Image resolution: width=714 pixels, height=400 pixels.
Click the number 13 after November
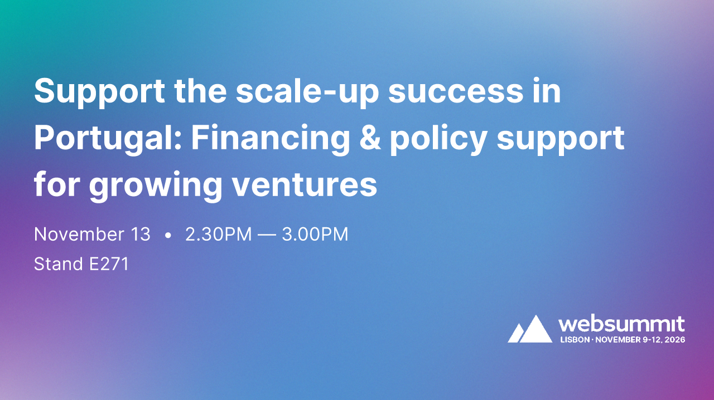click(x=140, y=235)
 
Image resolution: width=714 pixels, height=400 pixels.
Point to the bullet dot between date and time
click(x=168, y=236)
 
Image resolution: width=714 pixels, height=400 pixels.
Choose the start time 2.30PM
click(x=218, y=235)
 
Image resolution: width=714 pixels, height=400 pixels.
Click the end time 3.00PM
click(x=315, y=235)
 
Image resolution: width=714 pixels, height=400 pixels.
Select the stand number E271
click(x=109, y=264)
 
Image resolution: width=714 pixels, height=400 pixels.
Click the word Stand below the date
click(x=59, y=264)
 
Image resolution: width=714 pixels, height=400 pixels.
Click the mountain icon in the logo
click(x=530, y=329)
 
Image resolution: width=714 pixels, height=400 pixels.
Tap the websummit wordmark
click(x=622, y=325)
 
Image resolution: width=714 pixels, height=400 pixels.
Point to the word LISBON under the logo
click(x=574, y=339)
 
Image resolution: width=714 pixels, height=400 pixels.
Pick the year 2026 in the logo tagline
click(x=675, y=339)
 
